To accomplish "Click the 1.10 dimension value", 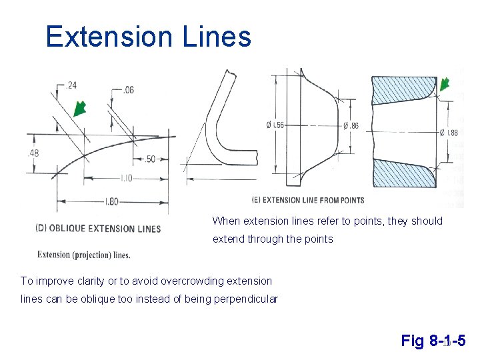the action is tap(127, 179).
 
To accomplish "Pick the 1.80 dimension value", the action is tap(111, 201).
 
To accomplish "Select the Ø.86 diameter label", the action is tap(351, 125).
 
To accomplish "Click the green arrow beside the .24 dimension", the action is tap(80, 108).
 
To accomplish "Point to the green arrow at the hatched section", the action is tap(444, 84).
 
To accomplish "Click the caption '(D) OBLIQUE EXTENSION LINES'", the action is tap(98, 229).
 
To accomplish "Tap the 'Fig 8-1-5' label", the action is tap(433, 341).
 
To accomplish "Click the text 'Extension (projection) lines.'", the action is tap(84, 254).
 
